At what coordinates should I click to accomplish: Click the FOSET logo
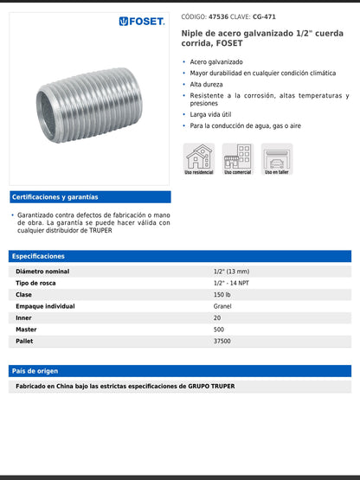click(142, 22)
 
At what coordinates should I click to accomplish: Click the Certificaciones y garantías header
click(55, 197)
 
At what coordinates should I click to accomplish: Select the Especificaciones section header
click(39, 256)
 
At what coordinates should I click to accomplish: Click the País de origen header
click(35, 371)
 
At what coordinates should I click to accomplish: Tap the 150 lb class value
click(222, 295)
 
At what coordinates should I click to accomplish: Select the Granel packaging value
click(222, 306)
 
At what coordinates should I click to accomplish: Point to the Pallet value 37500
click(222, 342)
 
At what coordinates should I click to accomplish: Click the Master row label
click(26, 330)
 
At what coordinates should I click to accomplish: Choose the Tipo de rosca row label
click(36, 283)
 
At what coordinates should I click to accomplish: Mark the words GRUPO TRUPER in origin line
click(211, 386)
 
